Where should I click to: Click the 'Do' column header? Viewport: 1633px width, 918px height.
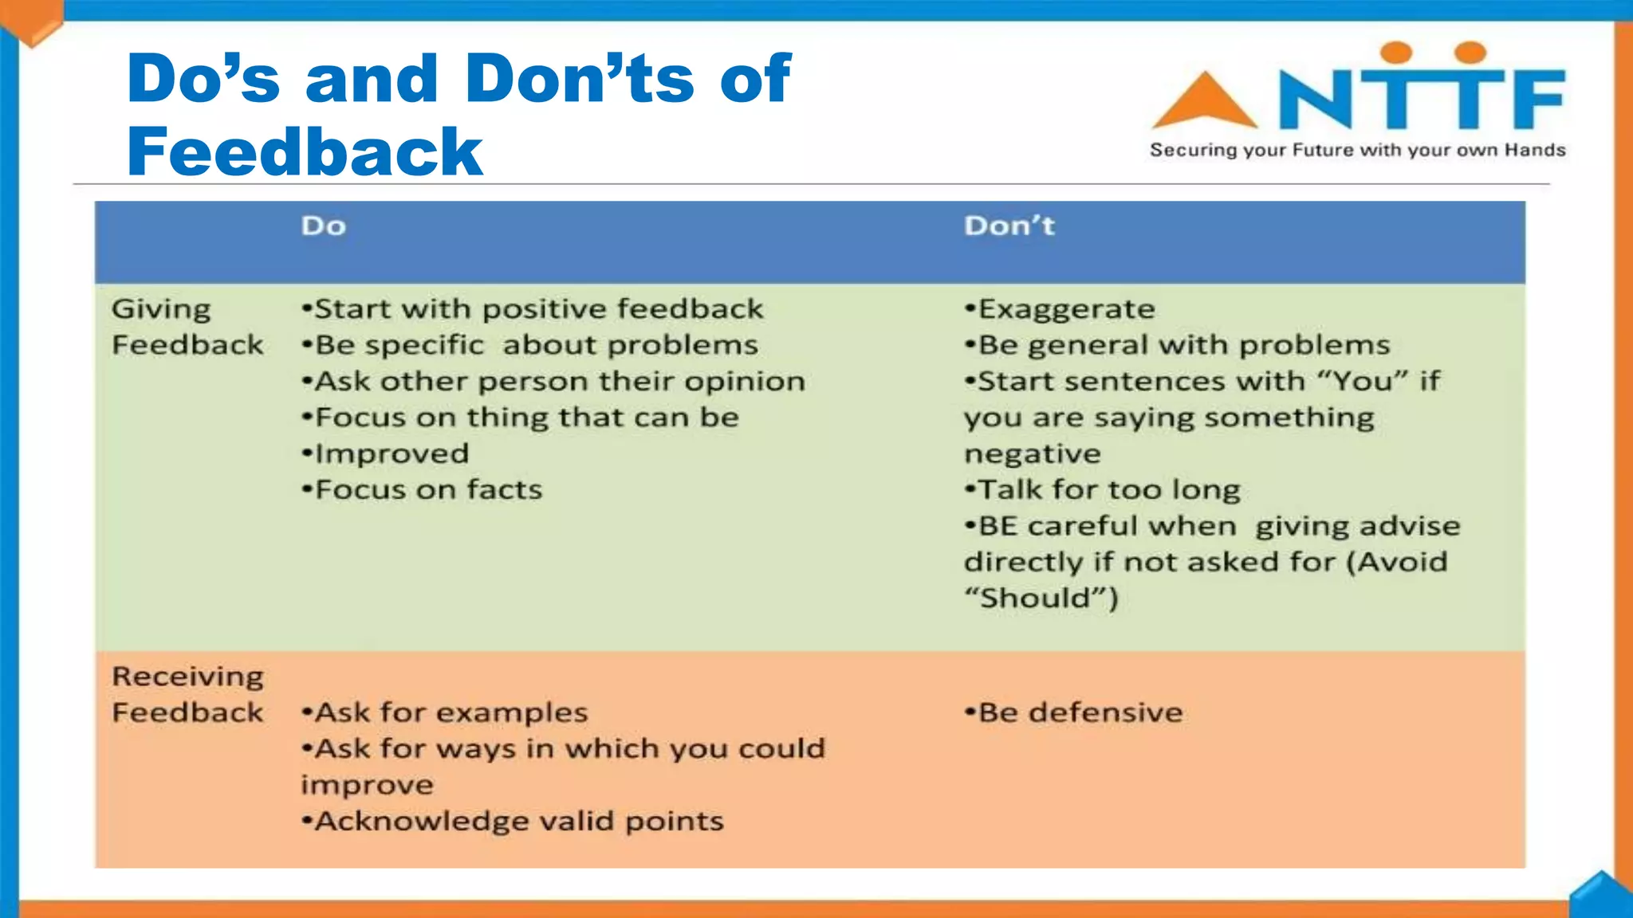pos(324,226)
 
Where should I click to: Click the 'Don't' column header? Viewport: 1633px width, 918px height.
pos(1009,226)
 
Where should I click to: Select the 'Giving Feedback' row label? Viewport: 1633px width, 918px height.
pos(187,328)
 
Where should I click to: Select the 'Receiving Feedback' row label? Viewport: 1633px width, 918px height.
pos(187,694)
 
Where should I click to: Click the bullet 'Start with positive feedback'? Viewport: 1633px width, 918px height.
pos(533,309)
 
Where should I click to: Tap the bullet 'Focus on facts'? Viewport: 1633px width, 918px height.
pos(423,490)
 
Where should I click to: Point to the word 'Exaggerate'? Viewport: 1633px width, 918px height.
pos(1066,309)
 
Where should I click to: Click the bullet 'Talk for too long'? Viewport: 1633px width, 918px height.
pos(1103,490)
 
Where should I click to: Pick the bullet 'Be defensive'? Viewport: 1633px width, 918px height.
pos(1074,712)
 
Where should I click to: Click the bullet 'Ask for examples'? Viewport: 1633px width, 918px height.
pos(445,712)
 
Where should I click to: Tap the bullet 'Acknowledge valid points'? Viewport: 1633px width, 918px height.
pos(513,822)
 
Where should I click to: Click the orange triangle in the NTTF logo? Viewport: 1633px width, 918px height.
pos(1205,102)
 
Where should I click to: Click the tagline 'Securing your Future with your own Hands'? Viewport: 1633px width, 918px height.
pos(1357,151)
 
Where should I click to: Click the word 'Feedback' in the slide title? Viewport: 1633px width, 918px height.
pos(305,152)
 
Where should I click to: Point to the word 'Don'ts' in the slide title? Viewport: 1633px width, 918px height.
pos(580,79)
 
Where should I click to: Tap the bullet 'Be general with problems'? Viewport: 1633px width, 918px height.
pos(1178,345)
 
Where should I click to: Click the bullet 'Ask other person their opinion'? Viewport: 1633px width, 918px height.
pos(554,382)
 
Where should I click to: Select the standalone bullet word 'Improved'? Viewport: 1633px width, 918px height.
pos(386,454)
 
